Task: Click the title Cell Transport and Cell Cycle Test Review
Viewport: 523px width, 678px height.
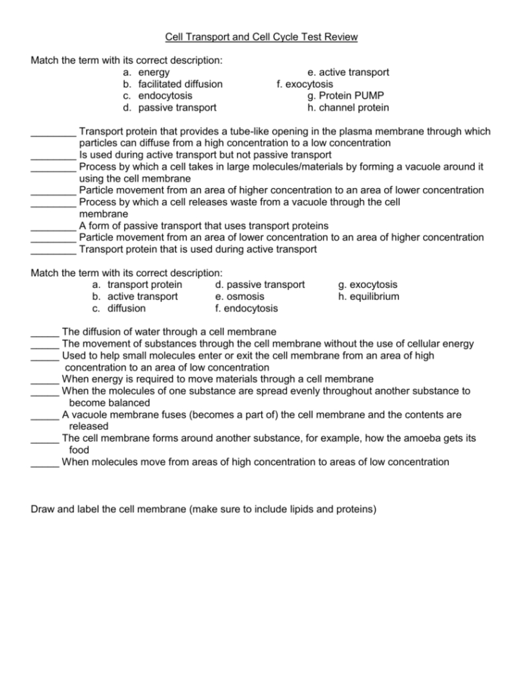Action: [x=261, y=36]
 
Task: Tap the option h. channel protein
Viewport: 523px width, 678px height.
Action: [x=348, y=108]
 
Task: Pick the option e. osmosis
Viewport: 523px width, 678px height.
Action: [x=240, y=296]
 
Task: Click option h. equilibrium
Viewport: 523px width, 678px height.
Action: [x=369, y=296]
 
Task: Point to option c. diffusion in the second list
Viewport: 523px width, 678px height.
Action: [x=119, y=308]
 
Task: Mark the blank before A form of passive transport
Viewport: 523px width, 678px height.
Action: [x=53, y=226]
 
